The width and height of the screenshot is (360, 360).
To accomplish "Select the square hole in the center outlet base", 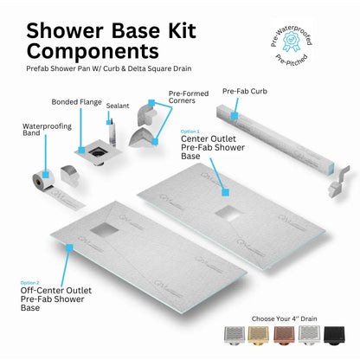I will click(x=231, y=213).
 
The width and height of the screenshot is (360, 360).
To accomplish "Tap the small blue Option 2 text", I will click(x=30, y=282).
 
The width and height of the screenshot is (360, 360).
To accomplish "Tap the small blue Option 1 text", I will click(x=190, y=131).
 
